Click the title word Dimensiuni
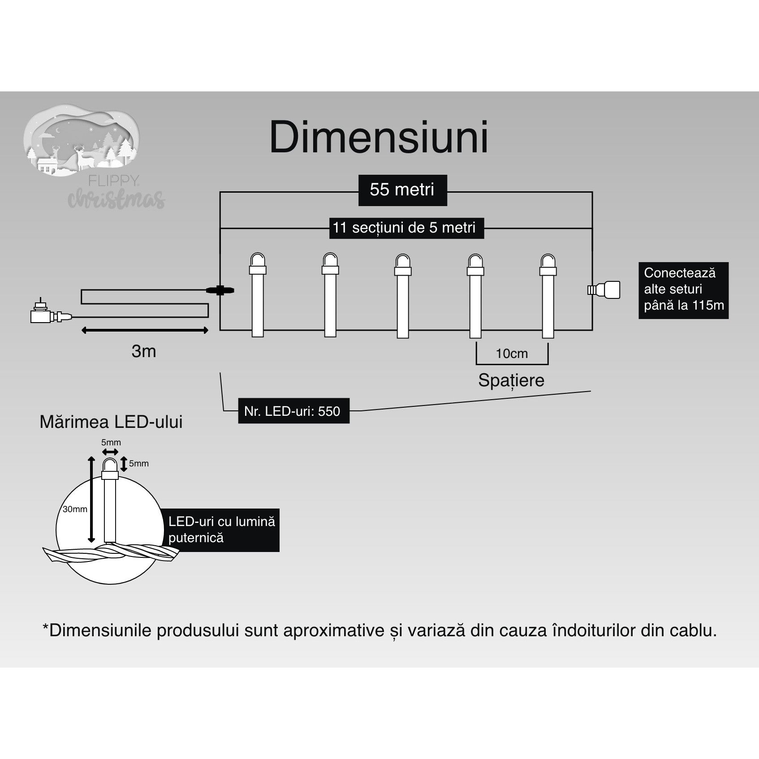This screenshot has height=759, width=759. tap(379, 137)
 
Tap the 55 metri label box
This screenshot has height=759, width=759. tap(402, 190)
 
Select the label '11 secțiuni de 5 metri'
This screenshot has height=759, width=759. tap(404, 228)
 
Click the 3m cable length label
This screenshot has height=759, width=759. tap(144, 351)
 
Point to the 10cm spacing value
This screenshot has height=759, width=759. tap(512, 354)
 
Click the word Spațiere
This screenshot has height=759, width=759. tap(511, 380)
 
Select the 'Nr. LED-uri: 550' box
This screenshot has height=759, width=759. tap(293, 411)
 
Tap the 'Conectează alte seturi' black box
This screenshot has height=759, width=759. tap(683, 290)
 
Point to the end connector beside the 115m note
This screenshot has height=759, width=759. tap(605, 290)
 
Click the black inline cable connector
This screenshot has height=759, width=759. tap(220, 290)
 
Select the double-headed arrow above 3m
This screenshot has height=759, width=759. tap(145, 331)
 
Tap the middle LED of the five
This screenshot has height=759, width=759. tap(402, 295)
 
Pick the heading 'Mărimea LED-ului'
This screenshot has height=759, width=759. tap(111, 422)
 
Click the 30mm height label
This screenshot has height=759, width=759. tap(75, 509)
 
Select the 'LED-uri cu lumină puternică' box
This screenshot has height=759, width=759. tap(222, 530)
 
